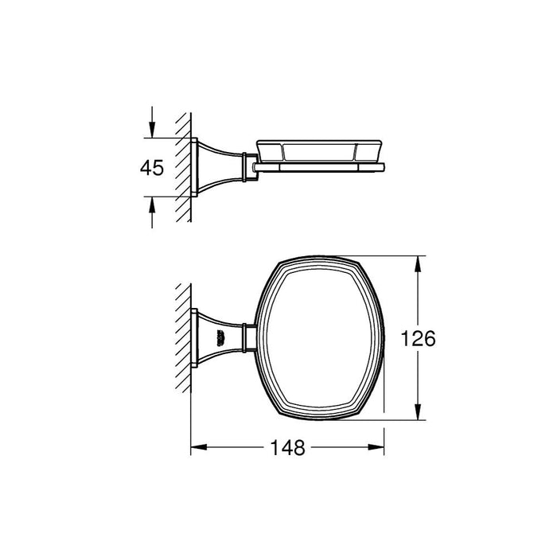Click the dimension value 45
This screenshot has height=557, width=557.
pyautogui.click(x=151, y=168)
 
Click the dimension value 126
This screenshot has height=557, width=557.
pyautogui.click(x=419, y=339)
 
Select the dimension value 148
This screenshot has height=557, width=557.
pyautogui.click(x=287, y=448)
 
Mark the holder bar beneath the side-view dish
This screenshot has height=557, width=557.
pyautogui.click(x=318, y=168)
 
